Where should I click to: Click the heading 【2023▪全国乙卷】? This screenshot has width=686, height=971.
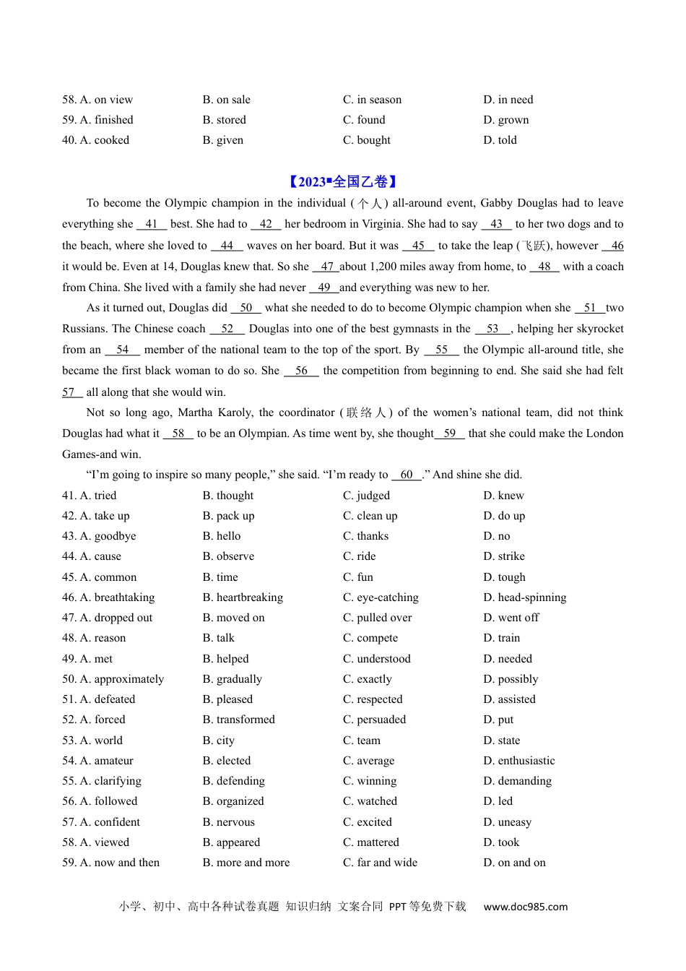point(342,182)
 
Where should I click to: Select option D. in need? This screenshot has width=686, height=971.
point(508,100)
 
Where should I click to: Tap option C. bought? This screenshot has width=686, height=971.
point(366,140)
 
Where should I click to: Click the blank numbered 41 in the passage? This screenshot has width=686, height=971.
point(152,224)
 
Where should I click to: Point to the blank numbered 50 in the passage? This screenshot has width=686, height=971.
point(246,308)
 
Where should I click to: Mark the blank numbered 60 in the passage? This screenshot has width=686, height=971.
point(407,475)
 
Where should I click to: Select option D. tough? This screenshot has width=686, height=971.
point(504,577)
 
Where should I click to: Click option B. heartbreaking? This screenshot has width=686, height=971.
point(243,597)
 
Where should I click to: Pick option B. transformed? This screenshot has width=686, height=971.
point(238,720)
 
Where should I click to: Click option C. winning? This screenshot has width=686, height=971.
point(369,781)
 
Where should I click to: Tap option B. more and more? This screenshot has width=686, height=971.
point(246,863)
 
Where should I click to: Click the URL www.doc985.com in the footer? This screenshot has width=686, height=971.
point(525,907)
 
